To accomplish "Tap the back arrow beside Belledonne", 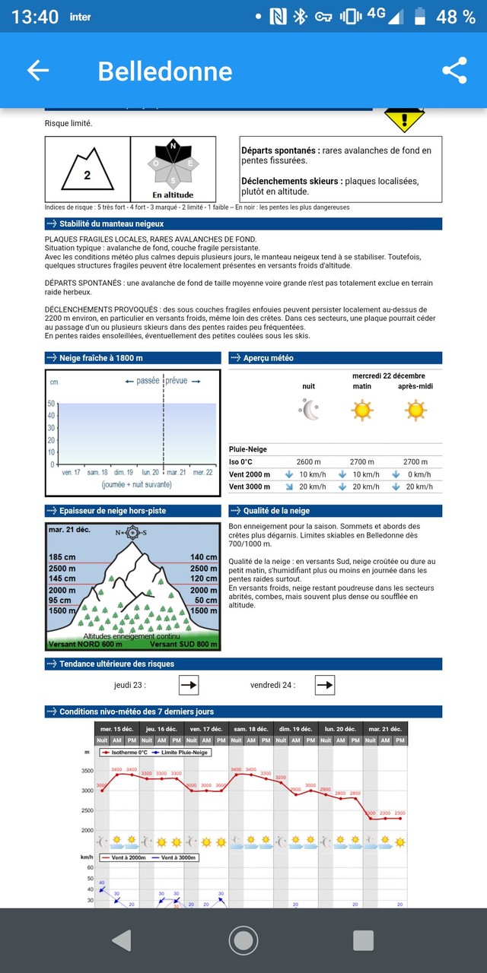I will point(38,71).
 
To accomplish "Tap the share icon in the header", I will point(454,71).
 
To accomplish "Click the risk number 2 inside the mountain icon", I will point(87,175).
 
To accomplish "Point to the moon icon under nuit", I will point(309,410).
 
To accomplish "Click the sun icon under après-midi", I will point(415,410).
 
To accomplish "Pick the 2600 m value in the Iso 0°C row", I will point(308,461).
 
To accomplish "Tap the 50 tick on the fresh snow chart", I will point(51,404).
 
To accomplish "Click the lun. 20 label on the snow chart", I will point(150,472).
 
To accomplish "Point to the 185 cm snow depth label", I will point(62,557).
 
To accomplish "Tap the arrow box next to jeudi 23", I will point(189,685).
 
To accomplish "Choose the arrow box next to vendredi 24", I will point(325,685).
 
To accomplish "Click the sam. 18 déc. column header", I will point(251,728).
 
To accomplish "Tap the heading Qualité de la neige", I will point(278,511).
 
